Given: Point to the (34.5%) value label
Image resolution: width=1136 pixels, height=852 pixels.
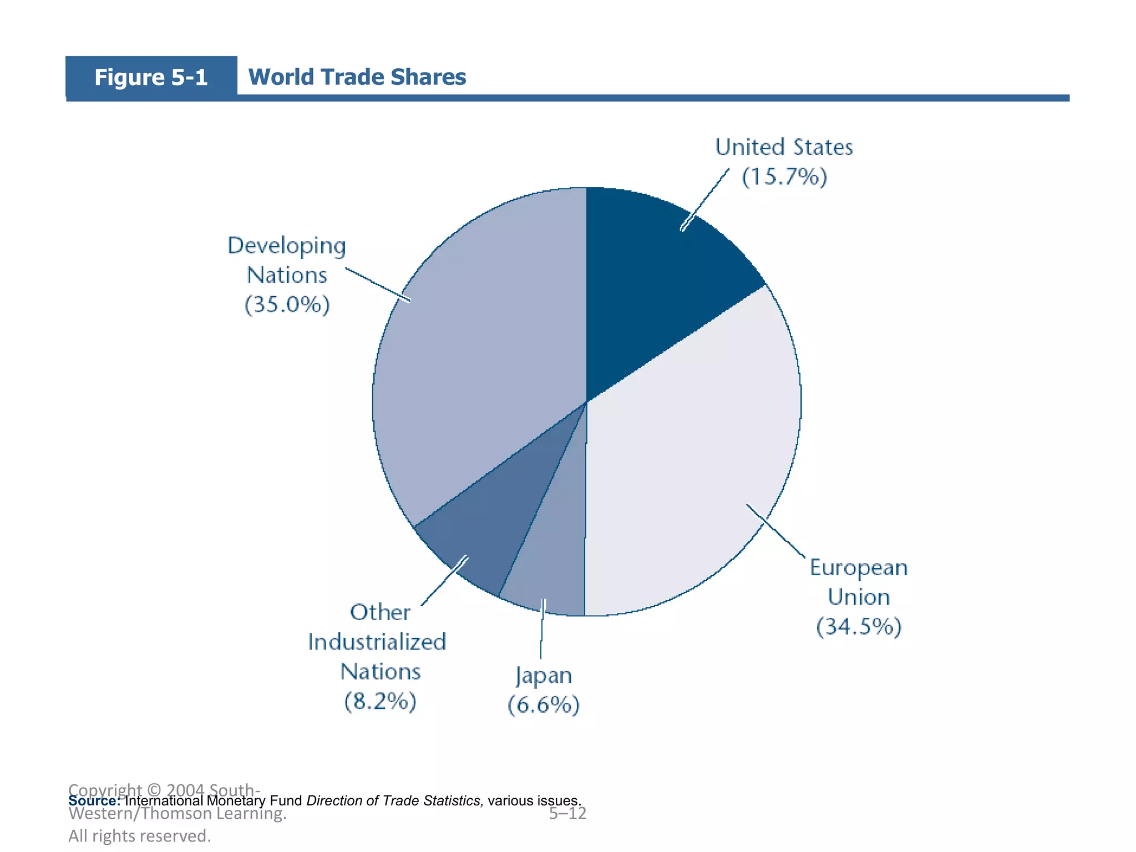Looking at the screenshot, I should pyautogui.click(x=859, y=627).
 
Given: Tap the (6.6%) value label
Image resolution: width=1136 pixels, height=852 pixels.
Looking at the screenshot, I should pyautogui.click(x=544, y=705).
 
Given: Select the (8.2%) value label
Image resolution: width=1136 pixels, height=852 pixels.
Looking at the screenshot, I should pyautogui.click(x=381, y=702).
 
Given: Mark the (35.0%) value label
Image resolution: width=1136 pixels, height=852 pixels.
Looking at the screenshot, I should pyautogui.click(x=287, y=305).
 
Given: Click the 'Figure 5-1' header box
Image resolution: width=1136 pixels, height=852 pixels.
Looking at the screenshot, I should pyautogui.click(x=151, y=77).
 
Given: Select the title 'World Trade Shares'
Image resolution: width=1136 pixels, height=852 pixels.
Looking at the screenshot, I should pyautogui.click(x=357, y=77).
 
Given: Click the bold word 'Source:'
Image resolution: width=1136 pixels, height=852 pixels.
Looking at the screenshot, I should pyautogui.click(x=94, y=801).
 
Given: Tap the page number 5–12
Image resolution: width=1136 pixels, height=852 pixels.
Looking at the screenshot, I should pyautogui.click(x=567, y=814).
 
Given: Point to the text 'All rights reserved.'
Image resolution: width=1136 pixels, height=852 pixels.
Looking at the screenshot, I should pyautogui.click(x=140, y=836).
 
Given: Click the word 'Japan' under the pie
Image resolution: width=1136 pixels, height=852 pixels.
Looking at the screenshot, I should pyautogui.click(x=544, y=676).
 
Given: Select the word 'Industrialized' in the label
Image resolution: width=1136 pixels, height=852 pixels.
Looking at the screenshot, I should pyautogui.click(x=377, y=642).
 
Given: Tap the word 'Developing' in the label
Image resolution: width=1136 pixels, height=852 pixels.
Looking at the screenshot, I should pyautogui.click(x=287, y=246).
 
